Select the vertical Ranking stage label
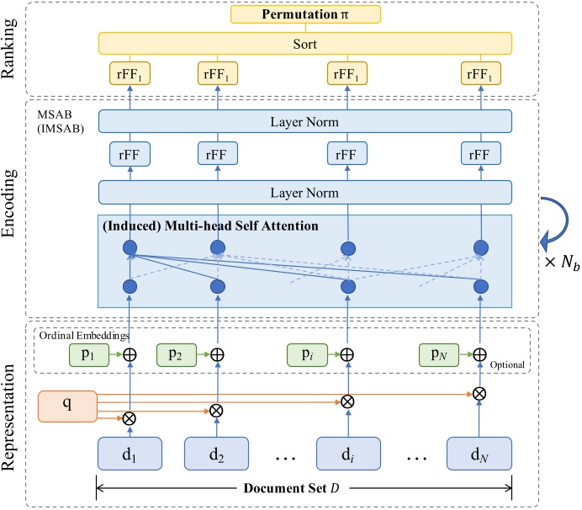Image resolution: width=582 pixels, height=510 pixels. pyautogui.click(x=12, y=50)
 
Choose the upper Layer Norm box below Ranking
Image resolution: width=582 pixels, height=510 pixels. pyautogui.click(x=305, y=122)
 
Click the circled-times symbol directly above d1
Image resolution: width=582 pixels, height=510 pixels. pyautogui.click(x=130, y=417)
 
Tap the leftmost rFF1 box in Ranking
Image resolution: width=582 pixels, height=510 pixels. pyautogui.click(x=130, y=74)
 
